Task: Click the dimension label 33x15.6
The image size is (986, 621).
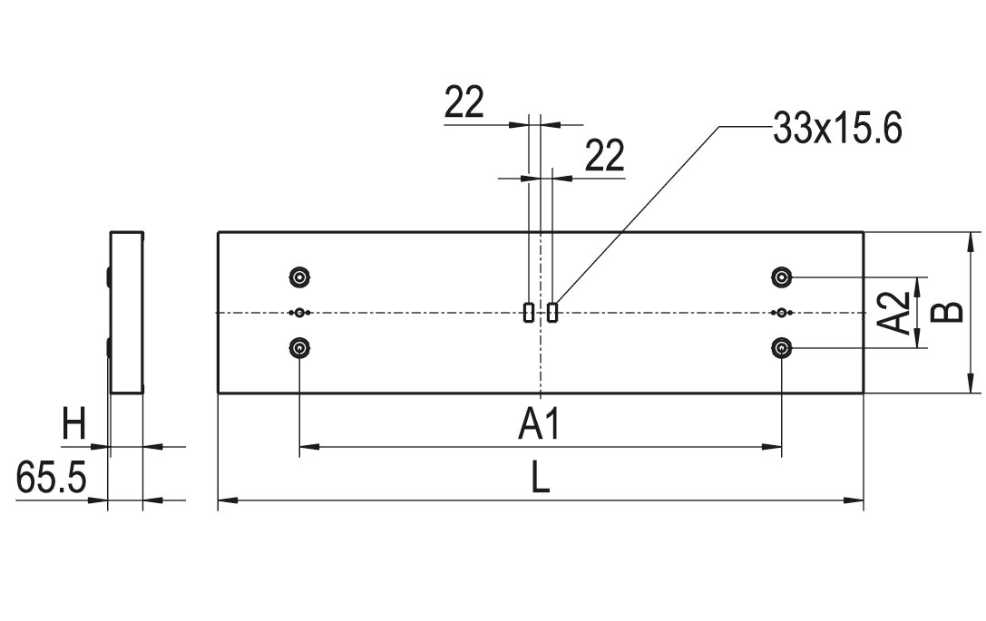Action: pyautogui.click(x=836, y=129)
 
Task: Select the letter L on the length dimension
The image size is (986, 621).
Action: pyautogui.click(x=541, y=478)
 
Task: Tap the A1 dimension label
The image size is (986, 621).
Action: pyautogui.click(x=541, y=424)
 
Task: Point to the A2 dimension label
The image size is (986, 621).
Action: pyautogui.click(x=896, y=313)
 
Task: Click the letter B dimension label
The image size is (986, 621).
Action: pyautogui.click(x=948, y=313)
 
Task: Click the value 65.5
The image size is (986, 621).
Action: pyautogui.click(x=51, y=479)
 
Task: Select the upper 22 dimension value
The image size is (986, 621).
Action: pyautogui.click(x=464, y=104)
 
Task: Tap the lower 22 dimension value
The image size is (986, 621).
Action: pyautogui.click(x=603, y=157)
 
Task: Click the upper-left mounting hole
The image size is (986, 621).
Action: pyautogui.click(x=299, y=277)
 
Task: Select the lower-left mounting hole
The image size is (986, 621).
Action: pyautogui.click(x=299, y=347)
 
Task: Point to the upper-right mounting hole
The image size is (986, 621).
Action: pyautogui.click(x=781, y=277)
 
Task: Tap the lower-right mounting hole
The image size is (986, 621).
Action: pyautogui.click(x=781, y=347)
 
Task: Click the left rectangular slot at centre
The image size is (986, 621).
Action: pyautogui.click(x=529, y=312)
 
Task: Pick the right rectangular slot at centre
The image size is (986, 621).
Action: pyautogui.click(x=552, y=312)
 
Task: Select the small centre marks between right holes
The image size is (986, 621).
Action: pyautogui.click(x=782, y=313)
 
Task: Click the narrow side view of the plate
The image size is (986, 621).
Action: pyautogui.click(x=126, y=313)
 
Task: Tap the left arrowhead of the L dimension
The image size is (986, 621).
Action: pyautogui.click(x=224, y=500)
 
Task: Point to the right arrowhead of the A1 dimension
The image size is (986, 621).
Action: pyautogui.click(x=776, y=446)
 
